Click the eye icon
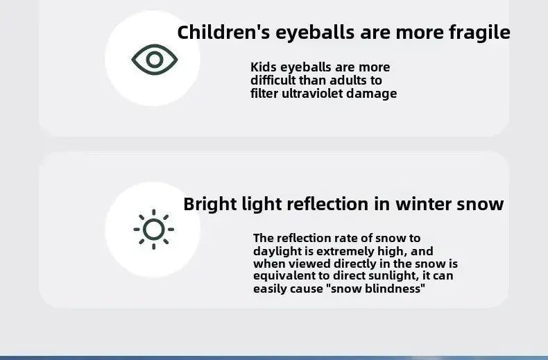[x=155, y=60]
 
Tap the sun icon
[x=153, y=229]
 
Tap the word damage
[x=375, y=94]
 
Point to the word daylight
[x=275, y=251]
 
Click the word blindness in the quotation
[x=395, y=289]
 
